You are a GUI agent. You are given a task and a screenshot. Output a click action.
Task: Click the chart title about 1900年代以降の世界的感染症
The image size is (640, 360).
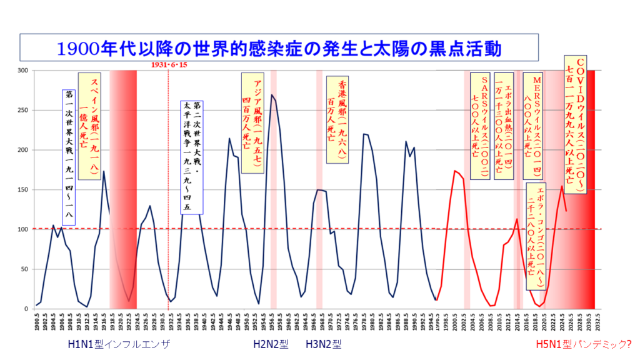[x=279, y=47]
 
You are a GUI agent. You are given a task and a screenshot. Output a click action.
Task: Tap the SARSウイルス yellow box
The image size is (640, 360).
[x=483, y=126]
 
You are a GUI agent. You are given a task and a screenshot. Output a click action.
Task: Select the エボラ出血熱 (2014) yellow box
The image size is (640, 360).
[x=504, y=126]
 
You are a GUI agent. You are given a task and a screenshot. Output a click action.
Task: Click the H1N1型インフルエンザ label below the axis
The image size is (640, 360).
[x=119, y=344]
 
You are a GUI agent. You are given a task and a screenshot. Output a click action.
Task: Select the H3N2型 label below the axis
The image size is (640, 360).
[x=324, y=344]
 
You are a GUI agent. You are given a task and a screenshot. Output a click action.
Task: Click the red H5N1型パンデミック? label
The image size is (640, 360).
[x=584, y=344]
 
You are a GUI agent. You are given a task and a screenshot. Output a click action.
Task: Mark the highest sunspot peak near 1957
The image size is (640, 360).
[x=272, y=95]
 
